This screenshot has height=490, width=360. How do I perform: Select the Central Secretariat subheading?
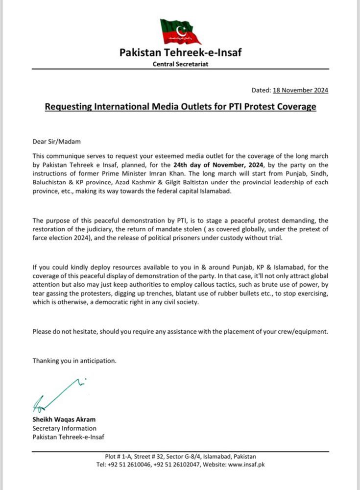coord(180,65)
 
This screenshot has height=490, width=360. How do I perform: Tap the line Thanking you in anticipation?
coord(74,361)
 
